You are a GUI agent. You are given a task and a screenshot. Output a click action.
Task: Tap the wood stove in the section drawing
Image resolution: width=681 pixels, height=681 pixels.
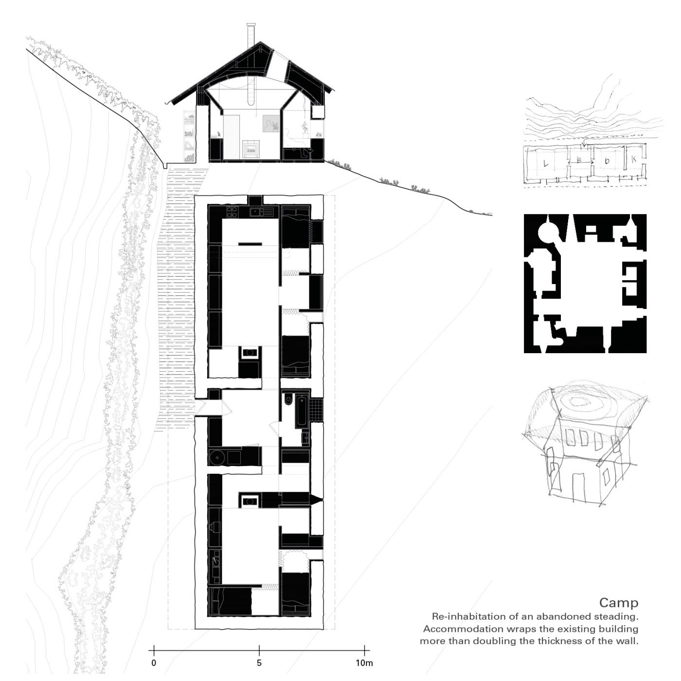tap(251, 148)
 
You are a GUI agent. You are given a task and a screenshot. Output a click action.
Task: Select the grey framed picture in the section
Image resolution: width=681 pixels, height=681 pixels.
tap(271, 124)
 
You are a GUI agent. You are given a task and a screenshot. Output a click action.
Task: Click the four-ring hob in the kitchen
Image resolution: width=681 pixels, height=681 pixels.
tap(232, 211)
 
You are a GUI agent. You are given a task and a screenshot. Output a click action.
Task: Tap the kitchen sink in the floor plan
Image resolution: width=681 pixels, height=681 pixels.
tap(262, 212)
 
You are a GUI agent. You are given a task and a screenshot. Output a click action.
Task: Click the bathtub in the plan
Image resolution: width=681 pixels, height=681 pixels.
tap(302, 412)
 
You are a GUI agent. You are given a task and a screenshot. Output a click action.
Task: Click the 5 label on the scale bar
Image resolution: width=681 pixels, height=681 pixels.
tap(259, 663)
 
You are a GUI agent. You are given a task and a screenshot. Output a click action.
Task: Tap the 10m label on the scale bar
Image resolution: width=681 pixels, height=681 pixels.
tap(364, 663)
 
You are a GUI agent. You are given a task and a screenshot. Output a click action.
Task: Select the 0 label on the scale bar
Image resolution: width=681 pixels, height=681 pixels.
tap(154, 663)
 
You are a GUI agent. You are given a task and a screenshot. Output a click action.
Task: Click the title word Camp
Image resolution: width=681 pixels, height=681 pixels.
tap(619, 603)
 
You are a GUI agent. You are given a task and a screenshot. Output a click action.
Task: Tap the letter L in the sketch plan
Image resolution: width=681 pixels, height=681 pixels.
tap(545, 163)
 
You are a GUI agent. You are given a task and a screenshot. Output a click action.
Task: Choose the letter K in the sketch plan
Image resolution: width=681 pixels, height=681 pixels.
tap(634, 159)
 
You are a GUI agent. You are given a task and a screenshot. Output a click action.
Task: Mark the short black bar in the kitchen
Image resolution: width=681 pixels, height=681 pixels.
tap(250, 244)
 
